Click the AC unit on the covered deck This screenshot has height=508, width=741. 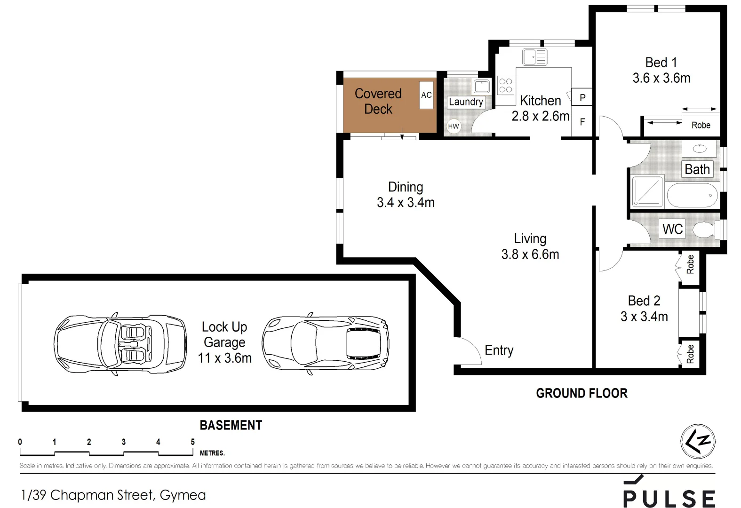tap(426, 95)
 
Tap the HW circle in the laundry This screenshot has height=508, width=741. tap(453, 126)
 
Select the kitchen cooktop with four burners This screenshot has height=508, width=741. tap(506, 85)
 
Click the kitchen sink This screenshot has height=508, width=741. tap(534, 57)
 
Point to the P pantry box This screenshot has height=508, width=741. tap(582, 97)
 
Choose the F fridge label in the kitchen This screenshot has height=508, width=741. tap(582, 122)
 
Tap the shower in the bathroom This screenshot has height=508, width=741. tap(647, 191)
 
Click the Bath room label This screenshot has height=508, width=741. tap(697, 169)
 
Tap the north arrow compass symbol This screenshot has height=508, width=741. tap(698, 441)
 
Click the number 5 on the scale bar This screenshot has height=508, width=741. tap(193, 442)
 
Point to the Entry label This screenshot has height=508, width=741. tap(499, 350)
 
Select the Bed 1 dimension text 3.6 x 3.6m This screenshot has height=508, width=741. tap(661, 78)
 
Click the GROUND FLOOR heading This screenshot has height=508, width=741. tap(582, 393)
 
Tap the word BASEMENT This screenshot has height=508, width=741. tap(231, 425)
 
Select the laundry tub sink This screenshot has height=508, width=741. tap(481, 87)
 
